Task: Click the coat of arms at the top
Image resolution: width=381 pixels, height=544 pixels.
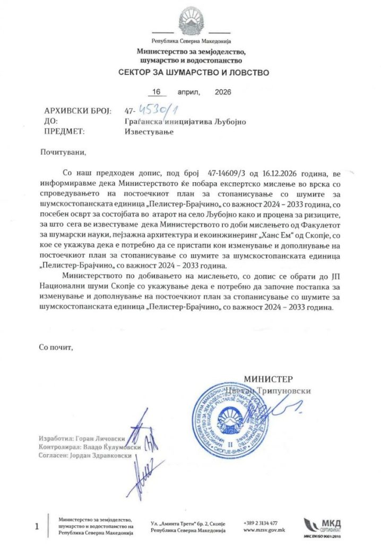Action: pos(190,21)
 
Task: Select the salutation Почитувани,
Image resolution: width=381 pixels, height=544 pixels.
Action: pos(62,152)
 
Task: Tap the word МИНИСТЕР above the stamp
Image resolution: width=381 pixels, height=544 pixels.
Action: pos(268,379)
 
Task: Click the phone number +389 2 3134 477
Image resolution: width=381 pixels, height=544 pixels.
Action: pos(261,522)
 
